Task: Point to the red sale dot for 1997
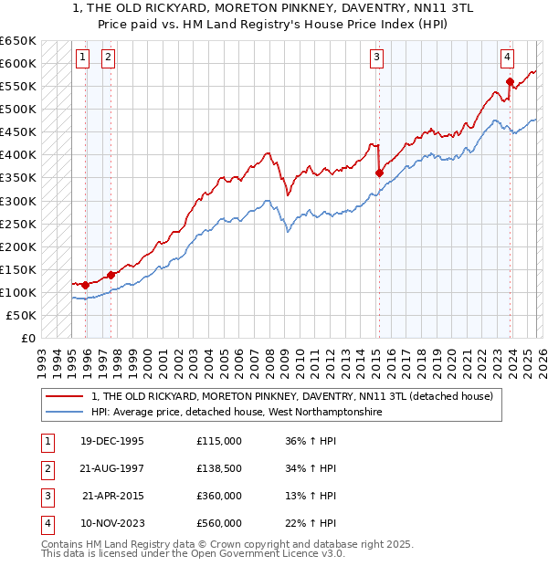[111, 274]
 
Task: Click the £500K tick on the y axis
[18, 109]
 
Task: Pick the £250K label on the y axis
[18, 224]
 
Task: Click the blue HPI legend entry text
[237, 413]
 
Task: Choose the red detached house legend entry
[291, 396]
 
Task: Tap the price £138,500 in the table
[219, 468]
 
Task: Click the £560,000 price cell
[219, 523]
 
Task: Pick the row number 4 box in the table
[46, 523]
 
